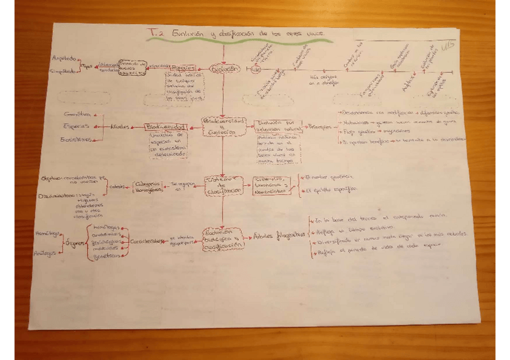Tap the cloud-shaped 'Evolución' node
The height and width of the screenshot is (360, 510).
coord(223,69)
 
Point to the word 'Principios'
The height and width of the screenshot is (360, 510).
coord(319,127)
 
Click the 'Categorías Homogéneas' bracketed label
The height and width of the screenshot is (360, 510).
coord(147,186)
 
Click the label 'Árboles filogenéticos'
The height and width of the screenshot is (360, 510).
coord(276,236)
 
